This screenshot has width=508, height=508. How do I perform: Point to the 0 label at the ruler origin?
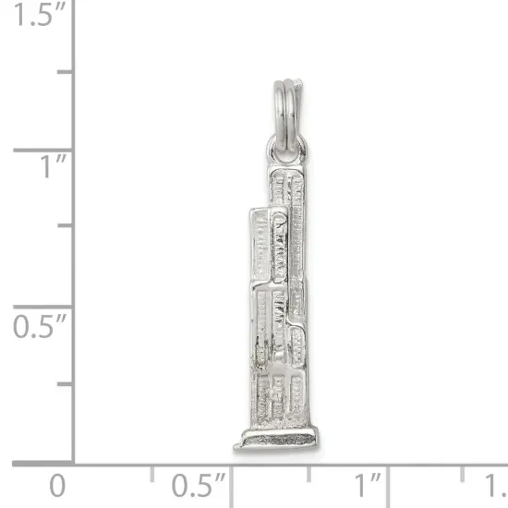click(x=57, y=484)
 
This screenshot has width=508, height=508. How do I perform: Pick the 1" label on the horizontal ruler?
click(x=368, y=484)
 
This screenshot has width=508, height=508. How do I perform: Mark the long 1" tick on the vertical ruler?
click(x=42, y=149)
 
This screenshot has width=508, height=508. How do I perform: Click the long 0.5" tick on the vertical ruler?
click(x=42, y=306)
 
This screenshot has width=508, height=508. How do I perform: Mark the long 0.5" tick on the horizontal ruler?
click(x=231, y=480)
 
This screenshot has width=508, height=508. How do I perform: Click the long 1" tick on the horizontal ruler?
click(x=387, y=480)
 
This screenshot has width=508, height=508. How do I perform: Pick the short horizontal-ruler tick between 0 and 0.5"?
click(x=152, y=474)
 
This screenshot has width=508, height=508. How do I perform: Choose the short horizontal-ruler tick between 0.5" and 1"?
click(x=308, y=474)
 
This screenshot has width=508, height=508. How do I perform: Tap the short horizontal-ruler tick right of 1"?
click(x=465, y=474)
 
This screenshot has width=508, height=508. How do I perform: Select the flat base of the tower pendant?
click(x=276, y=439)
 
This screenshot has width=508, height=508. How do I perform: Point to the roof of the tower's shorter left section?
click(x=260, y=213)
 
